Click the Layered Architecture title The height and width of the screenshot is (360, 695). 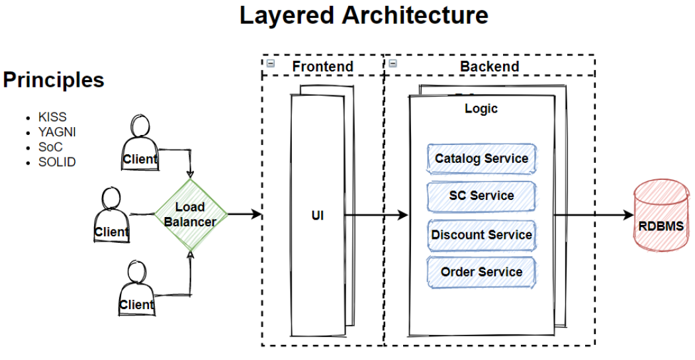(363, 15)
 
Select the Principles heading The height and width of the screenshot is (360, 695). (54, 80)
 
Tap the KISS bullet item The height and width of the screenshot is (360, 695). (52, 117)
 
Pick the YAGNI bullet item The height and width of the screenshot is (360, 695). (57, 132)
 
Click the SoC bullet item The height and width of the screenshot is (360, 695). (50, 147)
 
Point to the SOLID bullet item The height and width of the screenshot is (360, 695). (57, 161)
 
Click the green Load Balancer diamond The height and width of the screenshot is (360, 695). (190, 214)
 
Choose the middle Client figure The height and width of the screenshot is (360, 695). (111, 215)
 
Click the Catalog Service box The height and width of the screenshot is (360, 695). (481, 159)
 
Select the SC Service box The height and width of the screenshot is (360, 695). (481, 196)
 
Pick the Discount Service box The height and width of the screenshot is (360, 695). (481, 235)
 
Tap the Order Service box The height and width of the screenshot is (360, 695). (481, 272)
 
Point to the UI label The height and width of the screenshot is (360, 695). (318, 216)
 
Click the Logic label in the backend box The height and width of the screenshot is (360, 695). (481, 109)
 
